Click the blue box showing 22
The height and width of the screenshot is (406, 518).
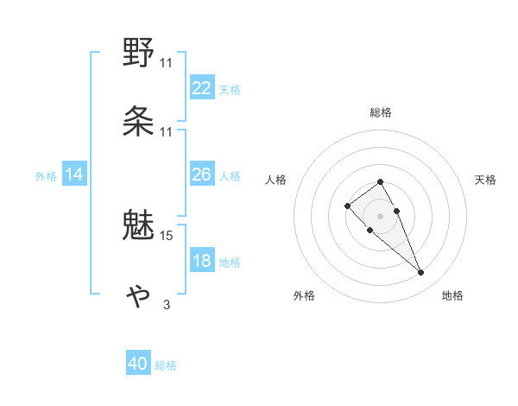click(x=202, y=88)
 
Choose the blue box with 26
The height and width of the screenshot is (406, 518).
click(x=202, y=175)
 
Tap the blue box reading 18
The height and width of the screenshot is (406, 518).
click(x=202, y=262)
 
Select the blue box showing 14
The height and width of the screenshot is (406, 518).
click(x=74, y=175)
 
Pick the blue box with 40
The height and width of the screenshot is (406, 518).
click(x=138, y=365)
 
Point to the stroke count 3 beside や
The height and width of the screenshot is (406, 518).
click(x=167, y=304)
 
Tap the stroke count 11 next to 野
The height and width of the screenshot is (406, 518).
click(x=167, y=63)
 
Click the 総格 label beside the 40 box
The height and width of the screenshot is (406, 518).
click(x=166, y=365)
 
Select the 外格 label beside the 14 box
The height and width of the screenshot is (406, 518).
click(x=46, y=176)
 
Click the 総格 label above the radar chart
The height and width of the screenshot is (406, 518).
click(x=380, y=112)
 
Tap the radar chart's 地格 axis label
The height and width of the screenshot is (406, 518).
click(x=452, y=295)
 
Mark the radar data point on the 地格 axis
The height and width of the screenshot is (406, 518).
click(x=420, y=272)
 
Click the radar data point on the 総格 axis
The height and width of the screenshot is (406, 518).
click(x=380, y=181)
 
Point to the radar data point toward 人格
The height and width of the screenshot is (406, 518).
click(x=347, y=206)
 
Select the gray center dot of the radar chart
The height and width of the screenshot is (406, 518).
click(x=380, y=215)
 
